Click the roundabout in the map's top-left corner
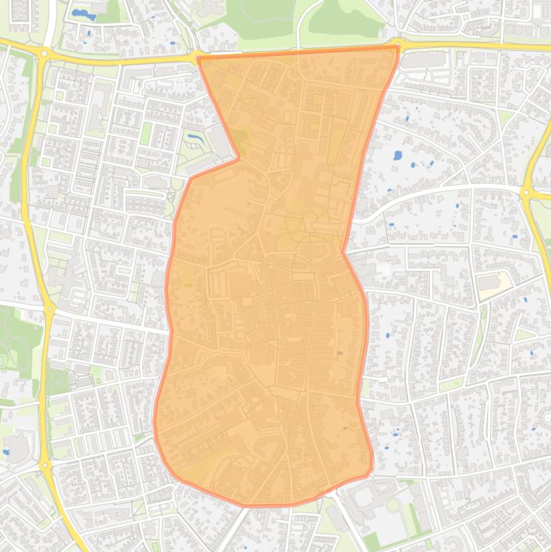coord(44,53)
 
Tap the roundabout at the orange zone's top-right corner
coord(398,45)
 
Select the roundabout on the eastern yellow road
coord(527,192)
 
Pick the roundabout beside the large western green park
coord(49,310)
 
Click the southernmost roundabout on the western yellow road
coord(45,466)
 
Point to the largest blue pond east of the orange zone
coord(398,155)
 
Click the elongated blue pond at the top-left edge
coord(83,14)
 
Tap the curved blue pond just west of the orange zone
coord(194,135)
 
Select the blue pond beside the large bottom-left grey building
coord(6,452)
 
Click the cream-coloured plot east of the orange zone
coord(495,283)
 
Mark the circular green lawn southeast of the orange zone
coord(393,505)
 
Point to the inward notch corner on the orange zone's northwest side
coord(238,158)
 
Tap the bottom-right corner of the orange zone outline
coord(370,472)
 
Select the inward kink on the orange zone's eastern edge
coord(344,252)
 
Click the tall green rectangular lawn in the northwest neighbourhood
coord(146,133)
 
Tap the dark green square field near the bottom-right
coord(370,541)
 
